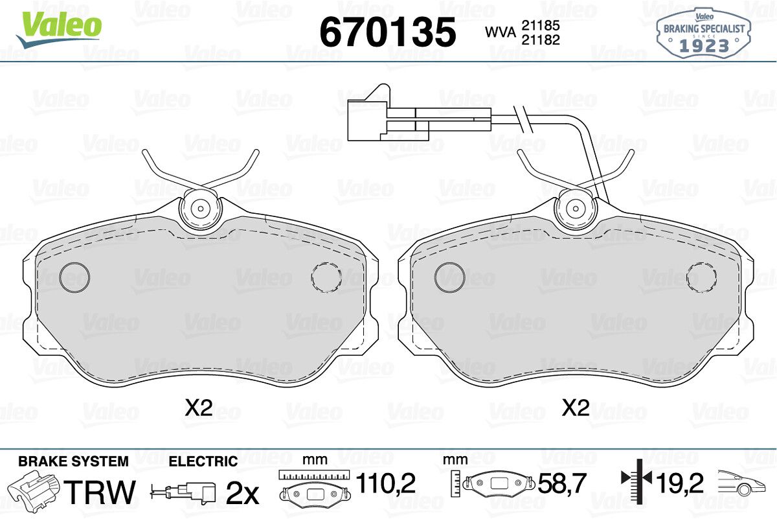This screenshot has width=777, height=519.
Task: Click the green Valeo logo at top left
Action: click(x=59, y=30)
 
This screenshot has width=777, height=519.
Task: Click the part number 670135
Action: click(x=388, y=32)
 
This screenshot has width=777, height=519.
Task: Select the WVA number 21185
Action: click(x=541, y=25)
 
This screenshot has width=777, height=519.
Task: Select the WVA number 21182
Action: click(x=541, y=40)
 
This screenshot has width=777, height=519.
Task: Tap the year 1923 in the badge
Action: click(x=704, y=46)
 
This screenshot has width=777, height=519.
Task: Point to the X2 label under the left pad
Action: click(x=198, y=408)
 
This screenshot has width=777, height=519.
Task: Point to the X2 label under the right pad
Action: click(x=576, y=408)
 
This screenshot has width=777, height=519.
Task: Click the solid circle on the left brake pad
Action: click(x=74, y=277)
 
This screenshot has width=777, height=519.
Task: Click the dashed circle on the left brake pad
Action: click(x=326, y=277)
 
